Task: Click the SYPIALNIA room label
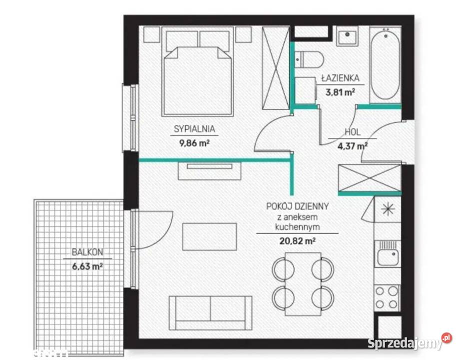coord(194,129)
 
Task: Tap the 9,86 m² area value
coord(194,143)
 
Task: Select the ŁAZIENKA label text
coord(340,78)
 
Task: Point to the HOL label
coord(353,132)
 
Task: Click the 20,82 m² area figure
coord(297,241)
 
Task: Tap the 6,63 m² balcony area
coord(87,266)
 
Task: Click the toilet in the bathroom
coord(309,59)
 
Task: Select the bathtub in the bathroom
coord(385,63)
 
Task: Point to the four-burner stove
coord(387,297)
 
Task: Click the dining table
coord(303,284)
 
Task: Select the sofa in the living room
coord(211,313)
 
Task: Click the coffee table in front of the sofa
coord(209,236)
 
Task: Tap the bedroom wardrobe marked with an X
coord(276,68)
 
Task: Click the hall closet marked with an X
coord(370,178)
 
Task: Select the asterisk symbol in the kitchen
coord(388,209)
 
